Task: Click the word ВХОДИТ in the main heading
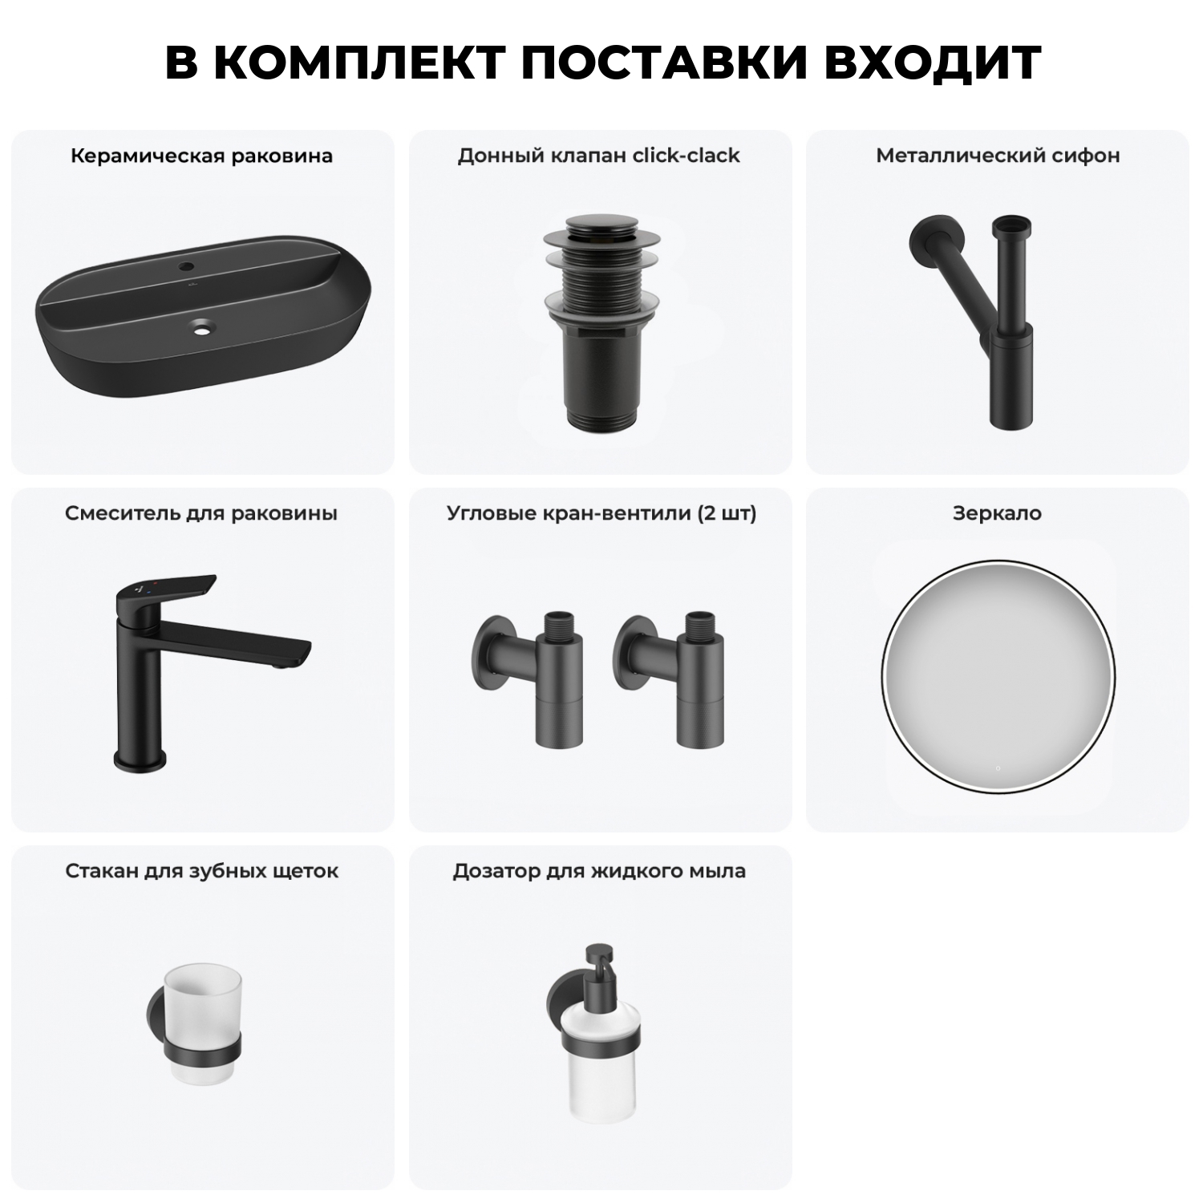click(932, 63)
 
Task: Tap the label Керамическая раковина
click(201, 156)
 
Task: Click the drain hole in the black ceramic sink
click(201, 326)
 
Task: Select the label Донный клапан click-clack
click(598, 156)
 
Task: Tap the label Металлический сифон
click(997, 156)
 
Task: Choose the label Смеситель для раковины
click(201, 513)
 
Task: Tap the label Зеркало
click(997, 513)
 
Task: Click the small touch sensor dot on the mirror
click(998, 768)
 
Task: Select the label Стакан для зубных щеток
click(201, 871)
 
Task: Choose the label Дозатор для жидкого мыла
click(598, 871)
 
